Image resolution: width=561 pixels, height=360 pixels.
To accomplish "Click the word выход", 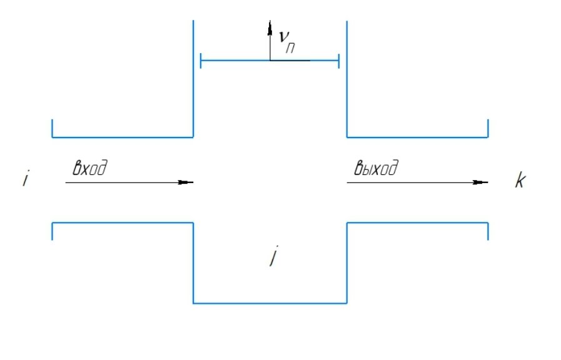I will [x=377, y=169].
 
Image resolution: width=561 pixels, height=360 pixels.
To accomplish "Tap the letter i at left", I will [x=25, y=180].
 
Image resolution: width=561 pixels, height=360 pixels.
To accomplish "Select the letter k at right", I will [x=520, y=182].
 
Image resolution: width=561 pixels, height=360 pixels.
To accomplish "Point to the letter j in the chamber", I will [x=271, y=257].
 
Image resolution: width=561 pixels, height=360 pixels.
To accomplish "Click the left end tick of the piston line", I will [x=200, y=61].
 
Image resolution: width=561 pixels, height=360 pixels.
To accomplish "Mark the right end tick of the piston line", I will [x=338, y=61].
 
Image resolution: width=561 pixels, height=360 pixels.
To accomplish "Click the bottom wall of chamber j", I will [x=270, y=303].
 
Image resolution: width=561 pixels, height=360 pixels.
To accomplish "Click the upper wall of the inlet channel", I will [x=122, y=136].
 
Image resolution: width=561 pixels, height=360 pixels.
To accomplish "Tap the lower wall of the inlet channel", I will [x=122, y=222].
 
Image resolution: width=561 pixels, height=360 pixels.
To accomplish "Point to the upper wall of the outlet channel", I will [x=417, y=136].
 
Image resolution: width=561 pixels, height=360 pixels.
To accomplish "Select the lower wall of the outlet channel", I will [x=417, y=222].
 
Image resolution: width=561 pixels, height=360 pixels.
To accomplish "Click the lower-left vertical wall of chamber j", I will [x=193, y=262].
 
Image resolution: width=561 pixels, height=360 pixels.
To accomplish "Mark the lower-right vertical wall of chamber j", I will [x=347, y=262].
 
